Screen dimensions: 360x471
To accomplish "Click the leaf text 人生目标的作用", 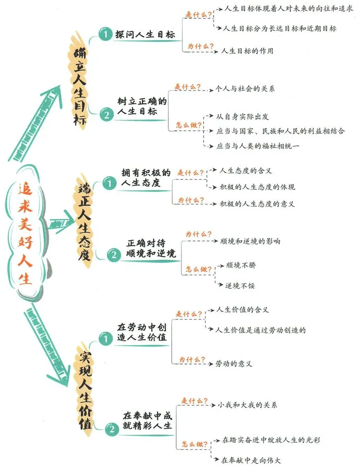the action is [x=247, y=50].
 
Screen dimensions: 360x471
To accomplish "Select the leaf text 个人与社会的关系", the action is [x=245, y=90].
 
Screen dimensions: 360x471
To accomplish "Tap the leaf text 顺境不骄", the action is [x=240, y=266].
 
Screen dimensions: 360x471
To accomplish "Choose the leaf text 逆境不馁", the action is [x=240, y=285].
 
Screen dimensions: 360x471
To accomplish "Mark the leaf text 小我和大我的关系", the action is [x=248, y=404].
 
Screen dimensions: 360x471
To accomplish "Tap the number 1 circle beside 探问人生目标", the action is [x=104, y=34].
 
